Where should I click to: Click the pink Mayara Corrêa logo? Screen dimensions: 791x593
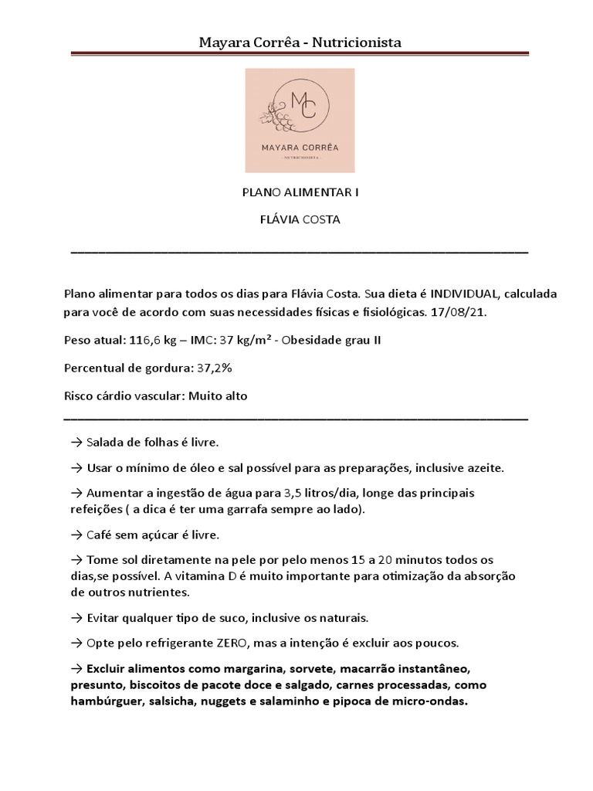(x=300, y=120)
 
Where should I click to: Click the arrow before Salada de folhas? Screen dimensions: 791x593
(x=76, y=443)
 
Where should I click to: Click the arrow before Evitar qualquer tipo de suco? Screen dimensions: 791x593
(x=76, y=618)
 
